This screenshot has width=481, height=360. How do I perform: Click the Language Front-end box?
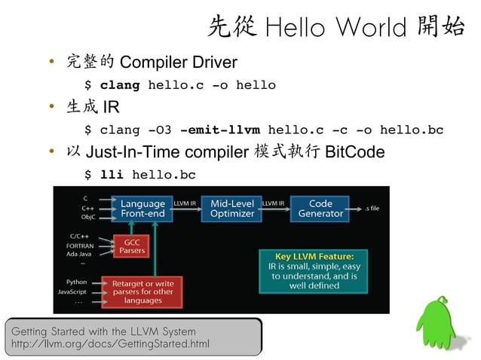click(142, 209)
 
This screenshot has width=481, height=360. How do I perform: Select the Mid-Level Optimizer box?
click(231, 209)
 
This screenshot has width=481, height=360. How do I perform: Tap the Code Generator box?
click(320, 209)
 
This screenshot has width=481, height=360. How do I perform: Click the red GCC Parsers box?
click(133, 246)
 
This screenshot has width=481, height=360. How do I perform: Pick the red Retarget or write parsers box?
click(142, 291)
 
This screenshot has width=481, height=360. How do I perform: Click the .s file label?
click(372, 208)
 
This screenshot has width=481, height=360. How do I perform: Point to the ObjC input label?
click(87, 216)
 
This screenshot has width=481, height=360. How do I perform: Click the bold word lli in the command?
click(112, 175)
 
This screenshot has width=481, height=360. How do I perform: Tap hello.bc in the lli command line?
click(164, 175)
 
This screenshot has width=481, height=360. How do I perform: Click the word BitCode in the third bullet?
click(354, 153)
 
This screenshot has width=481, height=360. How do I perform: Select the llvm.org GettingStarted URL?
click(106, 345)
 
